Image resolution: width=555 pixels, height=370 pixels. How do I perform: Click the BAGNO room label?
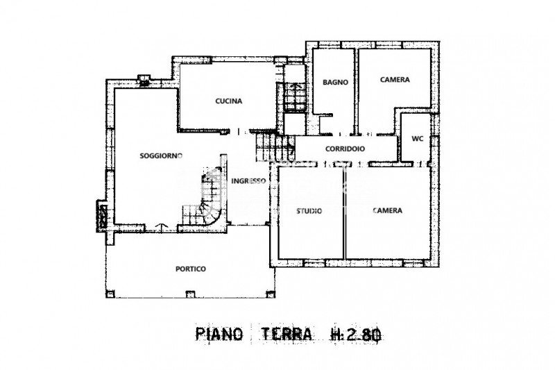point(335,82)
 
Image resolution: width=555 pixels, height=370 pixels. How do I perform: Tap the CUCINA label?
point(229,101)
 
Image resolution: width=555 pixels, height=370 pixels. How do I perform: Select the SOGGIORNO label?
point(161,155)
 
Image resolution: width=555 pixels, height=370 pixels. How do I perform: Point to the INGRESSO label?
point(248,181)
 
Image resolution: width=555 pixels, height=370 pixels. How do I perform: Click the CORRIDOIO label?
point(345,149)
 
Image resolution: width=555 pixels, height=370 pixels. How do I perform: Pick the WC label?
point(418,139)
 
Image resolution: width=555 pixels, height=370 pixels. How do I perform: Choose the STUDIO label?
point(309,211)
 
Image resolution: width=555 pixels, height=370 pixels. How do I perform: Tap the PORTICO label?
point(190,269)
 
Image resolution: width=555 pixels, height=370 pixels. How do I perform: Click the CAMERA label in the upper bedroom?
point(395,80)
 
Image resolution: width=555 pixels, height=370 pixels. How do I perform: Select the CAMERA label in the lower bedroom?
point(388,210)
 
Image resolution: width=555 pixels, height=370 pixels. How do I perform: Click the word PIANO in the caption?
point(219,334)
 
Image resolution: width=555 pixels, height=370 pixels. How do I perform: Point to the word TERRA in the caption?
point(287,334)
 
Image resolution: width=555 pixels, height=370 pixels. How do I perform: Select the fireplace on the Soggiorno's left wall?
point(102,215)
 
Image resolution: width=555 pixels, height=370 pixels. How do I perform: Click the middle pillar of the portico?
point(190,294)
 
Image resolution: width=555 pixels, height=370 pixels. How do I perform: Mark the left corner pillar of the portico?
point(110,294)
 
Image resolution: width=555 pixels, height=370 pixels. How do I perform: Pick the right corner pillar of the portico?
point(271,294)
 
